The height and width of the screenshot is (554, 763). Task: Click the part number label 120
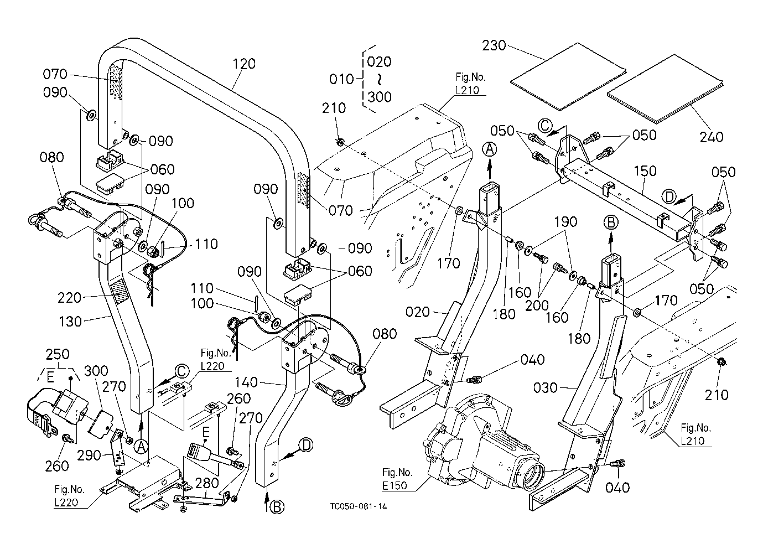[244, 64]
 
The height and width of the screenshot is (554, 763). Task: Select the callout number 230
[494, 45]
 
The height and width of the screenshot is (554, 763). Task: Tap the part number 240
[711, 137]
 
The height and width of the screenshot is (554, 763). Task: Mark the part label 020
[418, 312]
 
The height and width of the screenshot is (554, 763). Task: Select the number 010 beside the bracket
[341, 79]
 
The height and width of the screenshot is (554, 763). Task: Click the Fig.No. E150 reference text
[397, 478]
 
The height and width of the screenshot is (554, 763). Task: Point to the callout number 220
[70, 298]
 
